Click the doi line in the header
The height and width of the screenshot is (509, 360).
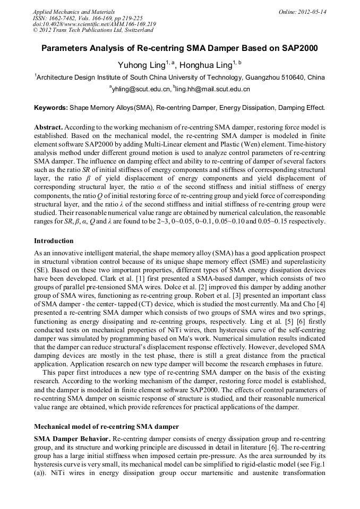click(x=94, y=24)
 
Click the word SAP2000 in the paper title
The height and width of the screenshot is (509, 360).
click(x=297, y=48)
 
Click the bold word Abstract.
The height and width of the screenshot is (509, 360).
click(x=48, y=128)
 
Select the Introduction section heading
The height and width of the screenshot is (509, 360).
click(x=55, y=241)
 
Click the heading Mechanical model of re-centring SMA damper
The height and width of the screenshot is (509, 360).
click(x=106, y=426)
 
